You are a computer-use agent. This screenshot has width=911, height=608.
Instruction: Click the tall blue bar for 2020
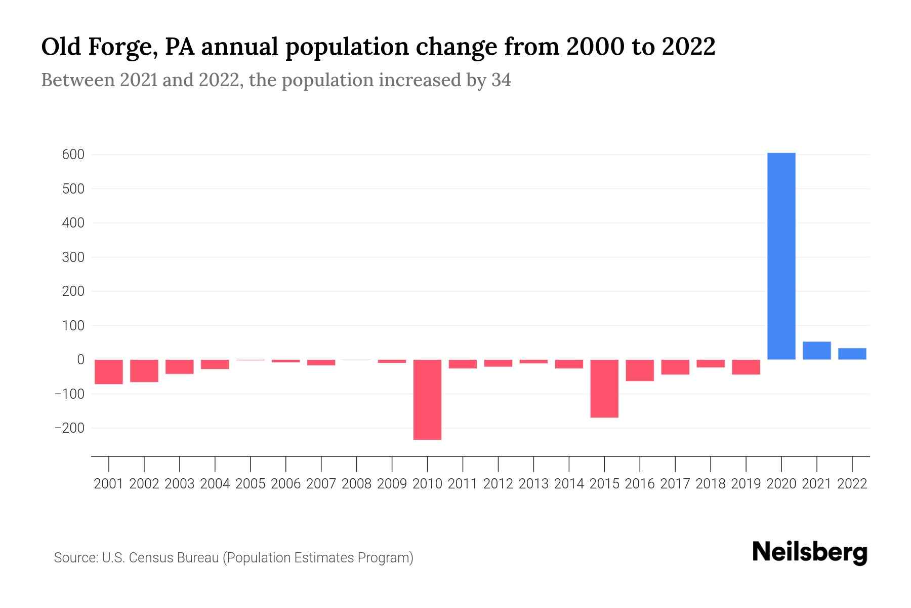781,256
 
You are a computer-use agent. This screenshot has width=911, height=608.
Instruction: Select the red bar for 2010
427,399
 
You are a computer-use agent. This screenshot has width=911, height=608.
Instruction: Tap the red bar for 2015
604,388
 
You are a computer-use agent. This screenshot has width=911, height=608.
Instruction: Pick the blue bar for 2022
852,354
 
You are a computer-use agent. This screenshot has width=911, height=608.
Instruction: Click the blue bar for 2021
816,351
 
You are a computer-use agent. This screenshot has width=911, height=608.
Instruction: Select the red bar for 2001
109,371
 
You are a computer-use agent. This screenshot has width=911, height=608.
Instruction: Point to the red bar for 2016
640,370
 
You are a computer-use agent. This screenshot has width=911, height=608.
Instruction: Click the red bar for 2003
180,366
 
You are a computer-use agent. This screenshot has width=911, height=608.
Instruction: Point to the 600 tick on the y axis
73,155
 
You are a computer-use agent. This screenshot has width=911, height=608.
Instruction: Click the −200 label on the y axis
69,428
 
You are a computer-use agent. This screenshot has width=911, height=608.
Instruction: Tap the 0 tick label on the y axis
80,360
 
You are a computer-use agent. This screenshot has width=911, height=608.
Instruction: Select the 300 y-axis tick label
73,257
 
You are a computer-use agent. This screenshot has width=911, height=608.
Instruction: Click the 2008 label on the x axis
356,484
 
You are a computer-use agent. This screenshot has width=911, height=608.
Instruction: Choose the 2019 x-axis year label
746,484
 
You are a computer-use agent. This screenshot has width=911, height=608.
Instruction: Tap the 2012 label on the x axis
498,484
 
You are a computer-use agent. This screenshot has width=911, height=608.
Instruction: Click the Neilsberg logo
810,552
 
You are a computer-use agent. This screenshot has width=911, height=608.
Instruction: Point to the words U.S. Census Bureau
160,558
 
